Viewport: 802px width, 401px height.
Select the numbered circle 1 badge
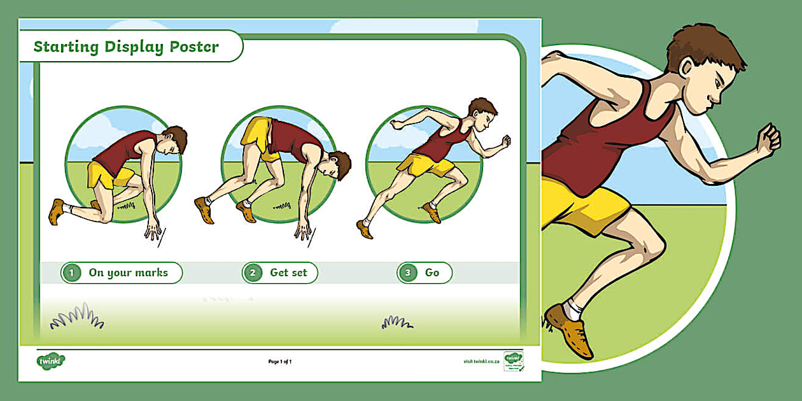(72, 273)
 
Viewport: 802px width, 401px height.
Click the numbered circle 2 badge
(253, 273)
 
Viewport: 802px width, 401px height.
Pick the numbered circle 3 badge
(408, 273)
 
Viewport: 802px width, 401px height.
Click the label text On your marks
(128, 272)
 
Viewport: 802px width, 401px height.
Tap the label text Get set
(288, 272)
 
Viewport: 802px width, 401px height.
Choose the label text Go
(432, 272)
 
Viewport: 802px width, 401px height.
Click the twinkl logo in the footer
(51, 361)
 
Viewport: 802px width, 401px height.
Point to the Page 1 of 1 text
(280, 362)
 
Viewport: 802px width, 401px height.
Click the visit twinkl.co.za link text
(482, 362)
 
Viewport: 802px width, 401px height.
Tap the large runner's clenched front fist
(768, 139)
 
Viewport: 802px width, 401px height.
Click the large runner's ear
(687, 69)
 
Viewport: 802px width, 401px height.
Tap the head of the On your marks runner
(174, 139)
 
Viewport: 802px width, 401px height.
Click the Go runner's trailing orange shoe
(365, 229)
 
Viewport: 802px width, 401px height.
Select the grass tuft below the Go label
(396, 323)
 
